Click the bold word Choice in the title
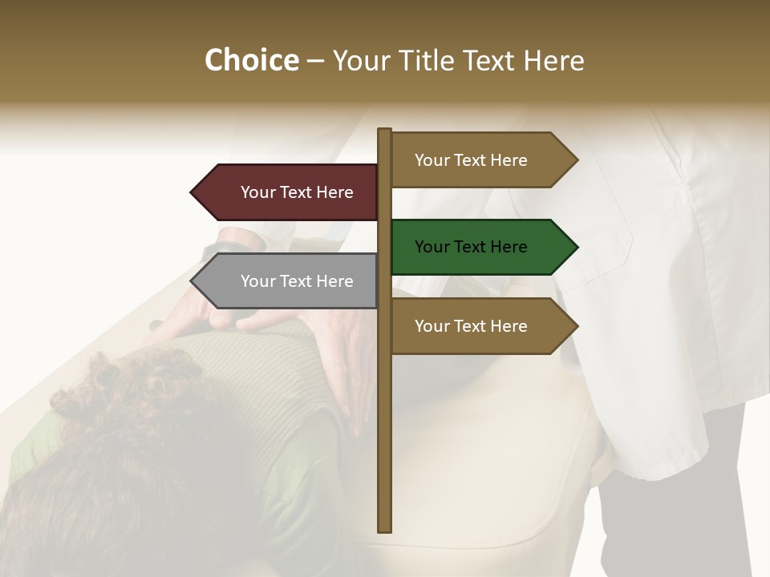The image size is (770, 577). (x=251, y=61)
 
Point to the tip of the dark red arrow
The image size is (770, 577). (x=192, y=192)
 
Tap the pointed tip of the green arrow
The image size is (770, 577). (x=576, y=247)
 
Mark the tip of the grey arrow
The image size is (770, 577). (x=192, y=281)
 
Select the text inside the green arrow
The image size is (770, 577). (x=471, y=247)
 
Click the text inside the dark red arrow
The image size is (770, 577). (x=297, y=192)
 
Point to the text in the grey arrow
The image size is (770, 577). (x=297, y=281)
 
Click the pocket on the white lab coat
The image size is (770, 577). (x=594, y=240)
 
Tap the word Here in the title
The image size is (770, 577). (x=553, y=61)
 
